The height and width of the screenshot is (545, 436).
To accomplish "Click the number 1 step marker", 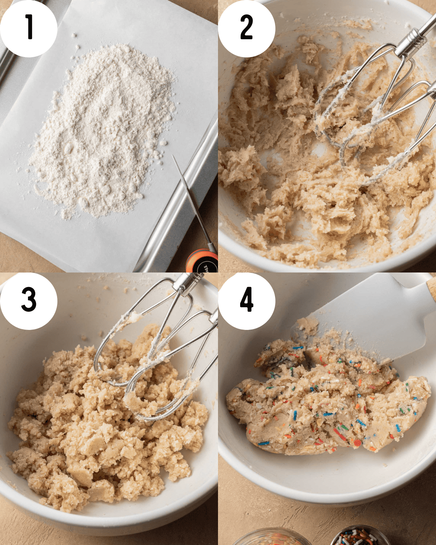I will pos(28,27).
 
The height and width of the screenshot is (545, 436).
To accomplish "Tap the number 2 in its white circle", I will pos(246,27).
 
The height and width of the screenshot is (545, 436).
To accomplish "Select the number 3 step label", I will pos(28,300).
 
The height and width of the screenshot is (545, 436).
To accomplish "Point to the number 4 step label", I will pos(246,300).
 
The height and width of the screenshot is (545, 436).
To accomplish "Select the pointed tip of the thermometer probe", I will pos(174,157).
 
